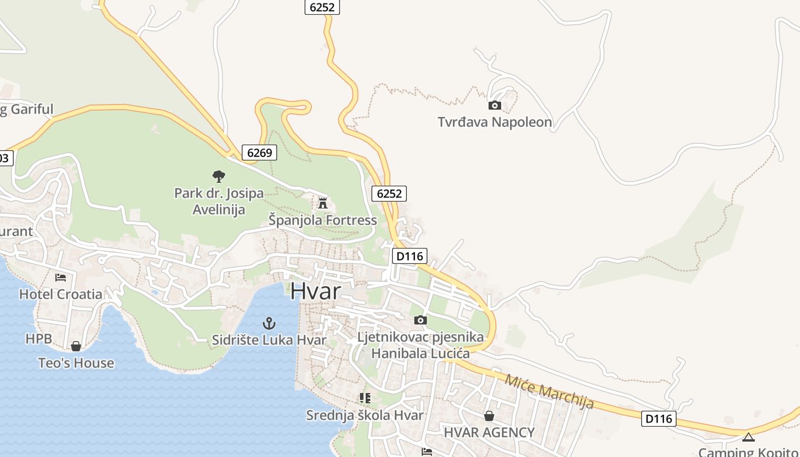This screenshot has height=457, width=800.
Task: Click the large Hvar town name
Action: point(315,291)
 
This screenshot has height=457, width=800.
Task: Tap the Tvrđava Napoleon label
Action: point(495,122)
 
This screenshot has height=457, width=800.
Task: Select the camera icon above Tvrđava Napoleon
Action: point(495,105)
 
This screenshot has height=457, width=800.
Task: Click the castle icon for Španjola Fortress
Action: point(322,203)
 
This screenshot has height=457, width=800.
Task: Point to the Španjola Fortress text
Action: point(323,220)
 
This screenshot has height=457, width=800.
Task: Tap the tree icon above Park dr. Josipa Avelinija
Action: point(218,176)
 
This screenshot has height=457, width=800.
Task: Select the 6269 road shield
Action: point(259,153)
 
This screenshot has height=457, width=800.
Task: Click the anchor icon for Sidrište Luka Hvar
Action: point(269,323)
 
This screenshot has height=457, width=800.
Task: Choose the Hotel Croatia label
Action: point(61,294)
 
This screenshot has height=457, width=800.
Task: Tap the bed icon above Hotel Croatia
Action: point(61,278)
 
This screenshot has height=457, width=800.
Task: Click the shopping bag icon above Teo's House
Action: point(75,346)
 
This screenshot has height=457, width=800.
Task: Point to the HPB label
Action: point(39,339)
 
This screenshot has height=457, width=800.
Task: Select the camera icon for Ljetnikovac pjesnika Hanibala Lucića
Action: point(420,320)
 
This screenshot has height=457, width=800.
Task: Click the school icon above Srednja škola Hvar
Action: point(365,398)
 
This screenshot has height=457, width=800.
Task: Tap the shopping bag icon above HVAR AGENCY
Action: point(489,416)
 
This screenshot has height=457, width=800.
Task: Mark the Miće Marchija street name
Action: point(549,391)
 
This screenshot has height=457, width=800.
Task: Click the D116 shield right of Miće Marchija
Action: point(658,419)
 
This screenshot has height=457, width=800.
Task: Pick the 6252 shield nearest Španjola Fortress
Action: point(389,194)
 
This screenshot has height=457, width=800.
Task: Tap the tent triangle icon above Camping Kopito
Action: point(748,438)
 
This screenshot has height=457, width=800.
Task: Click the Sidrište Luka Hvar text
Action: point(269,340)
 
